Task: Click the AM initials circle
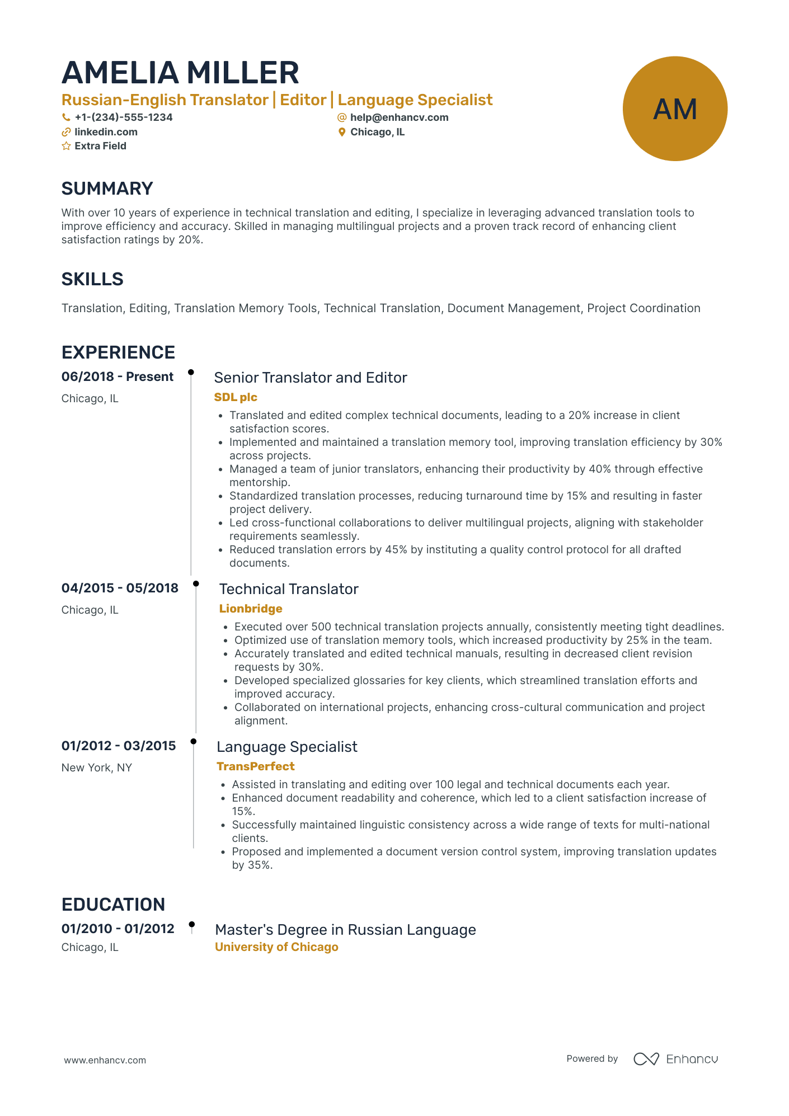[675, 109]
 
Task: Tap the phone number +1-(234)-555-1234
[123, 117]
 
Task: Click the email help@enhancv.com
[399, 117]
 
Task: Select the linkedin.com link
[106, 132]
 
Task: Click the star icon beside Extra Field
[66, 146]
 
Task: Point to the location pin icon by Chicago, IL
[342, 132]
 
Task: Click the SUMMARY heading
[107, 189]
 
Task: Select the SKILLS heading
[92, 279]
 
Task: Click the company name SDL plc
[236, 397]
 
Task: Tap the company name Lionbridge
[251, 609]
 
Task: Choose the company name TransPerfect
[256, 766]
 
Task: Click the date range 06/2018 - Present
[118, 376]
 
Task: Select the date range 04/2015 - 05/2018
[120, 588]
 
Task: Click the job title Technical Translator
[289, 589]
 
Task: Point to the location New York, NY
[97, 767]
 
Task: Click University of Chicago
[276, 947]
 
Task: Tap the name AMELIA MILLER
[180, 73]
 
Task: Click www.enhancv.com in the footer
[105, 1060]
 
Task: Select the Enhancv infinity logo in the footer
[646, 1059]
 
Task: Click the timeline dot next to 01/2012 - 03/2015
[194, 741]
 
